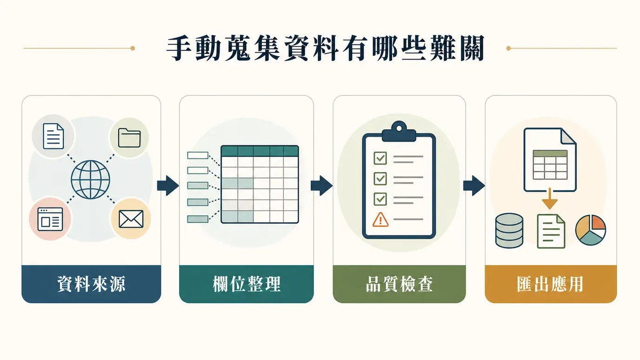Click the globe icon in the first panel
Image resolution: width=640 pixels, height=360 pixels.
90,180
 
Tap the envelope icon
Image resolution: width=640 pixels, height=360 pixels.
131,219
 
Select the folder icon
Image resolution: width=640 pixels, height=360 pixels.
129,138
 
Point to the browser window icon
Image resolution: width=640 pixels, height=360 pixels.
50,219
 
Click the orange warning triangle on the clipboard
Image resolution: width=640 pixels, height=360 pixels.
380,220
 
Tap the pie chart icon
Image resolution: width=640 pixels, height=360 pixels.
591,230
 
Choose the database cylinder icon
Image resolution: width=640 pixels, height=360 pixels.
509,231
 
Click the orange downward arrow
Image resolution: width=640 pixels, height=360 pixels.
550,199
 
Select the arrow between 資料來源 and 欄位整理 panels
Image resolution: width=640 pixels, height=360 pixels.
168,186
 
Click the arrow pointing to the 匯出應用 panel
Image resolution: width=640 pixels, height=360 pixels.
474,186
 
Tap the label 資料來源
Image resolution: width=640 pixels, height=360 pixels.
91,284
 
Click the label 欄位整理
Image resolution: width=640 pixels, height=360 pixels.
247,284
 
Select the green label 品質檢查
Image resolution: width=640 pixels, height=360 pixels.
399,284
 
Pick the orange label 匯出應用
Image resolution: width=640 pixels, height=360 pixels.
551,284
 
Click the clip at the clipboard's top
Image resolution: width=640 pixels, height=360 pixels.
399,132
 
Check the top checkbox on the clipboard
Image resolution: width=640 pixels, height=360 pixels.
380,158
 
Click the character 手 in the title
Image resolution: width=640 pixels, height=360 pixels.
180,48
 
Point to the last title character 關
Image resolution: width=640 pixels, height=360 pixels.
471,48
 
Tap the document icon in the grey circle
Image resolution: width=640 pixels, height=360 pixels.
53,136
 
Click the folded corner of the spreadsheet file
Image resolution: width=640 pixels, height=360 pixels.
568,137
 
